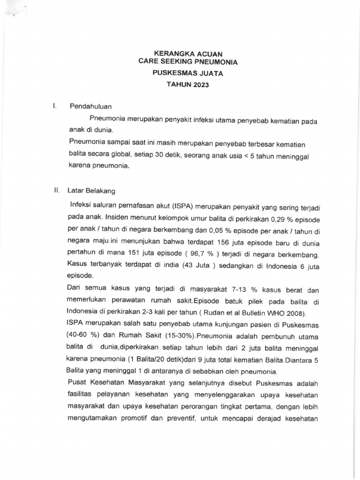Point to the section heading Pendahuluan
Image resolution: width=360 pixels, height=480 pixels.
(x=91, y=106)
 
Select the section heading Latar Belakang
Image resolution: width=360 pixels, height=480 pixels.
(x=91, y=191)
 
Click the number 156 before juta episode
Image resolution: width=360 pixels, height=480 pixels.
(x=218, y=242)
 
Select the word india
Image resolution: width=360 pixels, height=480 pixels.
(x=180, y=267)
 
